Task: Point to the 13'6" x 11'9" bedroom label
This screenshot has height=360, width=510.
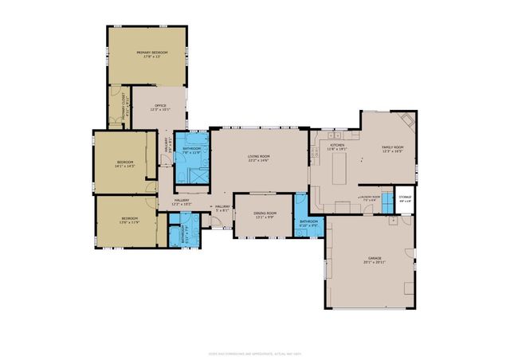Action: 129,220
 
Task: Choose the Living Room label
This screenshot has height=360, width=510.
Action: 257,158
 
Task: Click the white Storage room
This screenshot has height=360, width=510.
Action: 405,199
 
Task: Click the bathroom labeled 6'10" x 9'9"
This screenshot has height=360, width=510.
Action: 308,223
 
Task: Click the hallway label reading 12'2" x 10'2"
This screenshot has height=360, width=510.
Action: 182,202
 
